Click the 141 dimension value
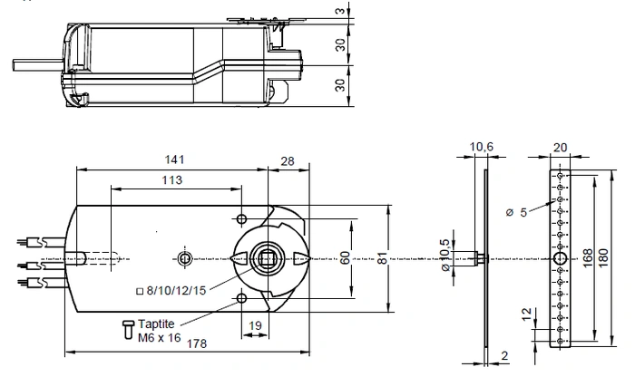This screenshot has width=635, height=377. coord(174,159)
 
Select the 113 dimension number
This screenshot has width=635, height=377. coord(172,179)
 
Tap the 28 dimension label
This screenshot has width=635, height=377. coord(288,161)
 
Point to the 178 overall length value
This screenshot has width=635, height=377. coord(197,343)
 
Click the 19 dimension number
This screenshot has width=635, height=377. coord(255,325)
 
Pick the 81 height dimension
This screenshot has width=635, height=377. coord(382,258)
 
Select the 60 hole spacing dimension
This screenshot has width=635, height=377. coord(345,258)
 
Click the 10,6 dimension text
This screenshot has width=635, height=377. coord(481,147)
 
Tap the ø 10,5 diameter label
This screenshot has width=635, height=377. coord(444,255)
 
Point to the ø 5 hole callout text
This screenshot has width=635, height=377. coord(517,212)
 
